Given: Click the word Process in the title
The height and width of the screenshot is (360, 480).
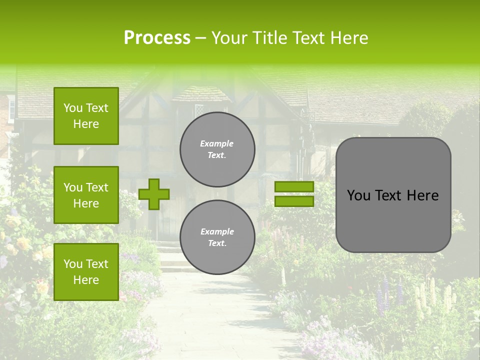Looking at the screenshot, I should (157, 38).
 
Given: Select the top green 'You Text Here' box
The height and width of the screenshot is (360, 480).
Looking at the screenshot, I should (86, 116).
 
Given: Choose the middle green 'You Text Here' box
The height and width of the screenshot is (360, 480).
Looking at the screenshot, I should (86, 195).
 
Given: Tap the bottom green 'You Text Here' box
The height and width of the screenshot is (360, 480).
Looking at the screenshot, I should (86, 272).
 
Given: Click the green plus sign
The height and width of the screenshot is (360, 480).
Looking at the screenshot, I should (154, 194).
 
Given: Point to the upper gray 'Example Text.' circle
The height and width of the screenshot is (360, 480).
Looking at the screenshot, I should (217, 149).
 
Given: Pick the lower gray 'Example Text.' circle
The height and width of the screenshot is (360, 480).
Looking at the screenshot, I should (217, 237).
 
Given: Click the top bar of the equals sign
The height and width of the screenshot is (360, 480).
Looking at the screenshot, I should (294, 187).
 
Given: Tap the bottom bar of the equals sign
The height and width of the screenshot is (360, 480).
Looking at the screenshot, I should (294, 201).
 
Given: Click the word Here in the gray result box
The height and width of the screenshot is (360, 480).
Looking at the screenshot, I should (422, 195).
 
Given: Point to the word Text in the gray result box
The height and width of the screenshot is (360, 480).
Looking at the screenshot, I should (387, 195).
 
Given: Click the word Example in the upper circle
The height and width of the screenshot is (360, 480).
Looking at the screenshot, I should (217, 143).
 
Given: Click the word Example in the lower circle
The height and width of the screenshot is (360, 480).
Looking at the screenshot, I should (217, 231).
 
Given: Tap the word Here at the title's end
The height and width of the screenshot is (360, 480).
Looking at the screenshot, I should (349, 38).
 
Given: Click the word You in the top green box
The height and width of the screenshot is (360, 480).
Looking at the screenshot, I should (72, 108).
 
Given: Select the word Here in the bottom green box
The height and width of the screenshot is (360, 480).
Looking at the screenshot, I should (86, 280).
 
